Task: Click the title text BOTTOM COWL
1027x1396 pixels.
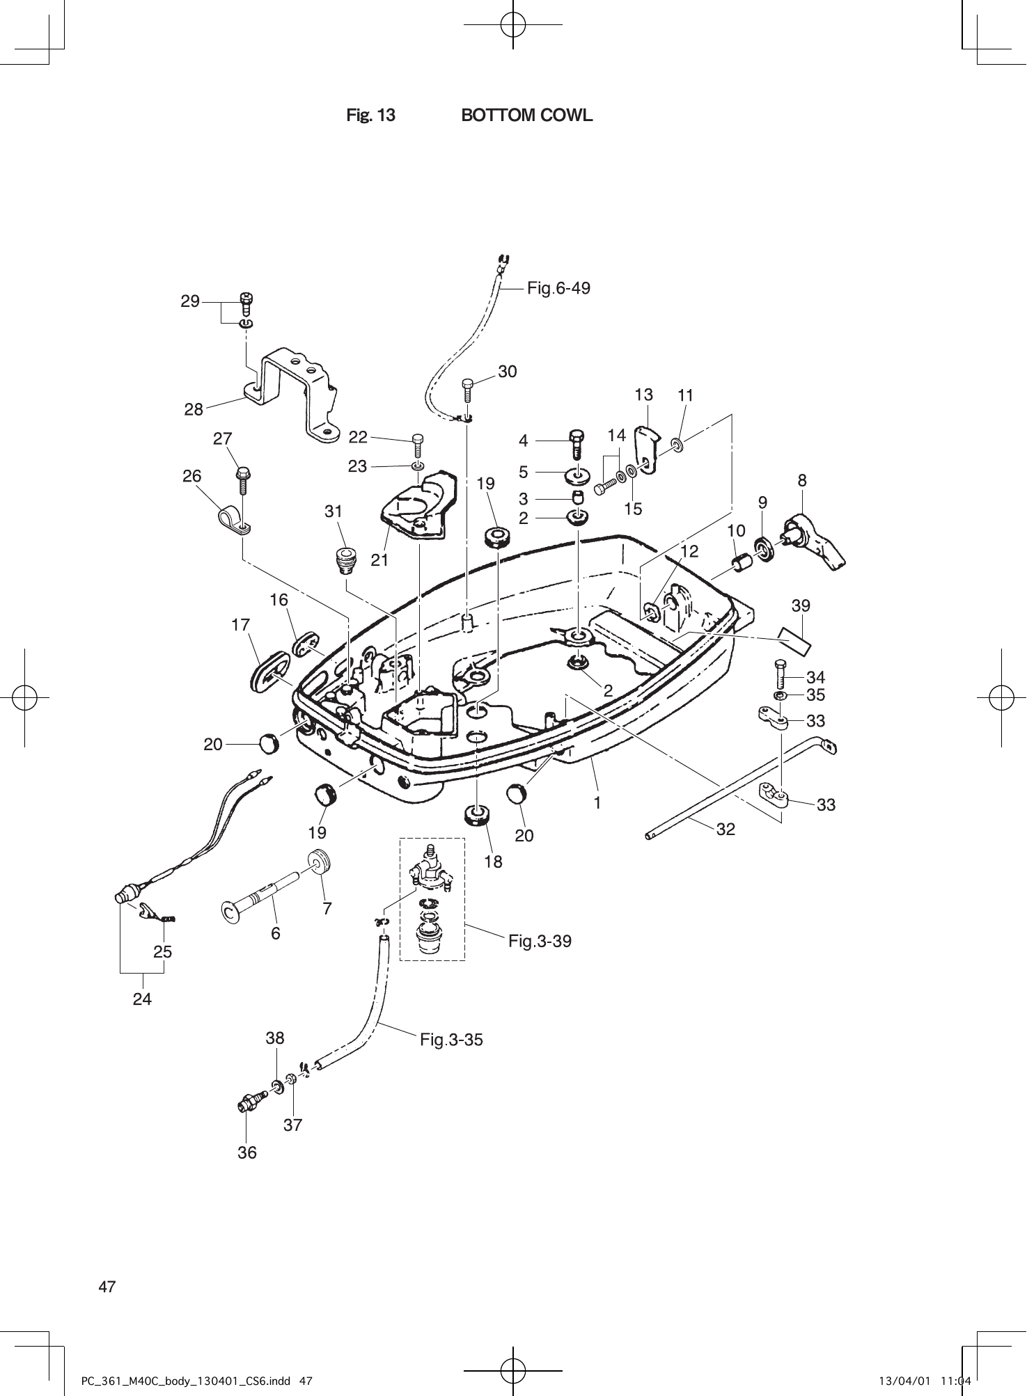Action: pyautogui.click(x=527, y=116)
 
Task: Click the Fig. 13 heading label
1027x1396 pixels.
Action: pyautogui.click(x=370, y=116)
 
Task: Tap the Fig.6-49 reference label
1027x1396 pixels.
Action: pyautogui.click(x=558, y=287)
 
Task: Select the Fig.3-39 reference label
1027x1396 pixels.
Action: pyautogui.click(x=540, y=942)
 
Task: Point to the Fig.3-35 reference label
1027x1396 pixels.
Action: pyautogui.click(x=451, y=1040)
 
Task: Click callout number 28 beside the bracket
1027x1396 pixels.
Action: pyautogui.click(x=194, y=410)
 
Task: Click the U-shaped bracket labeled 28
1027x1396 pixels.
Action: pyautogui.click(x=292, y=393)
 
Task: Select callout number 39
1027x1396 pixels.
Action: pyautogui.click(x=801, y=605)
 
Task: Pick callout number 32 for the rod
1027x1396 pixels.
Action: pyautogui.click(x=726, y=830)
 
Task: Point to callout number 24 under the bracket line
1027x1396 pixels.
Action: pyautogui.click(x=143, y=999)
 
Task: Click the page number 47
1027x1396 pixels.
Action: pyautogui.click(x=107, y=1286)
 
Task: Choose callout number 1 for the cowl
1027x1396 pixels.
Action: pyautogui.click(x=597, y=802)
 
